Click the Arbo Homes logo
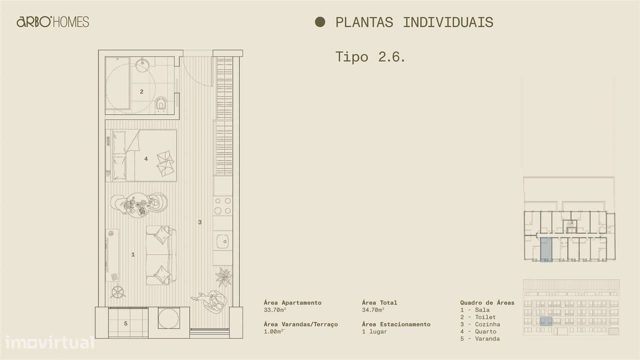(x=52, y=21)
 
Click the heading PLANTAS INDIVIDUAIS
(x=414, y=22)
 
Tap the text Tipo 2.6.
(x=370, y=56)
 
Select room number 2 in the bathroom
(x=141, y=91)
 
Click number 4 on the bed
(x=146, y=159)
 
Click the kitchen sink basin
(x=223, y=242)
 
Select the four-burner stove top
(x=223, y=205)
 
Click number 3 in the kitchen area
(x=199, y=222)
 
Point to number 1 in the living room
(x=133, y=254)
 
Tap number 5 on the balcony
(x=125, y=323)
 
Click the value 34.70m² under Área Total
(x=373, y=309)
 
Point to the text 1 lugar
(x=374, y=331)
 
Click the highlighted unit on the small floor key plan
(x=545, y=249)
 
